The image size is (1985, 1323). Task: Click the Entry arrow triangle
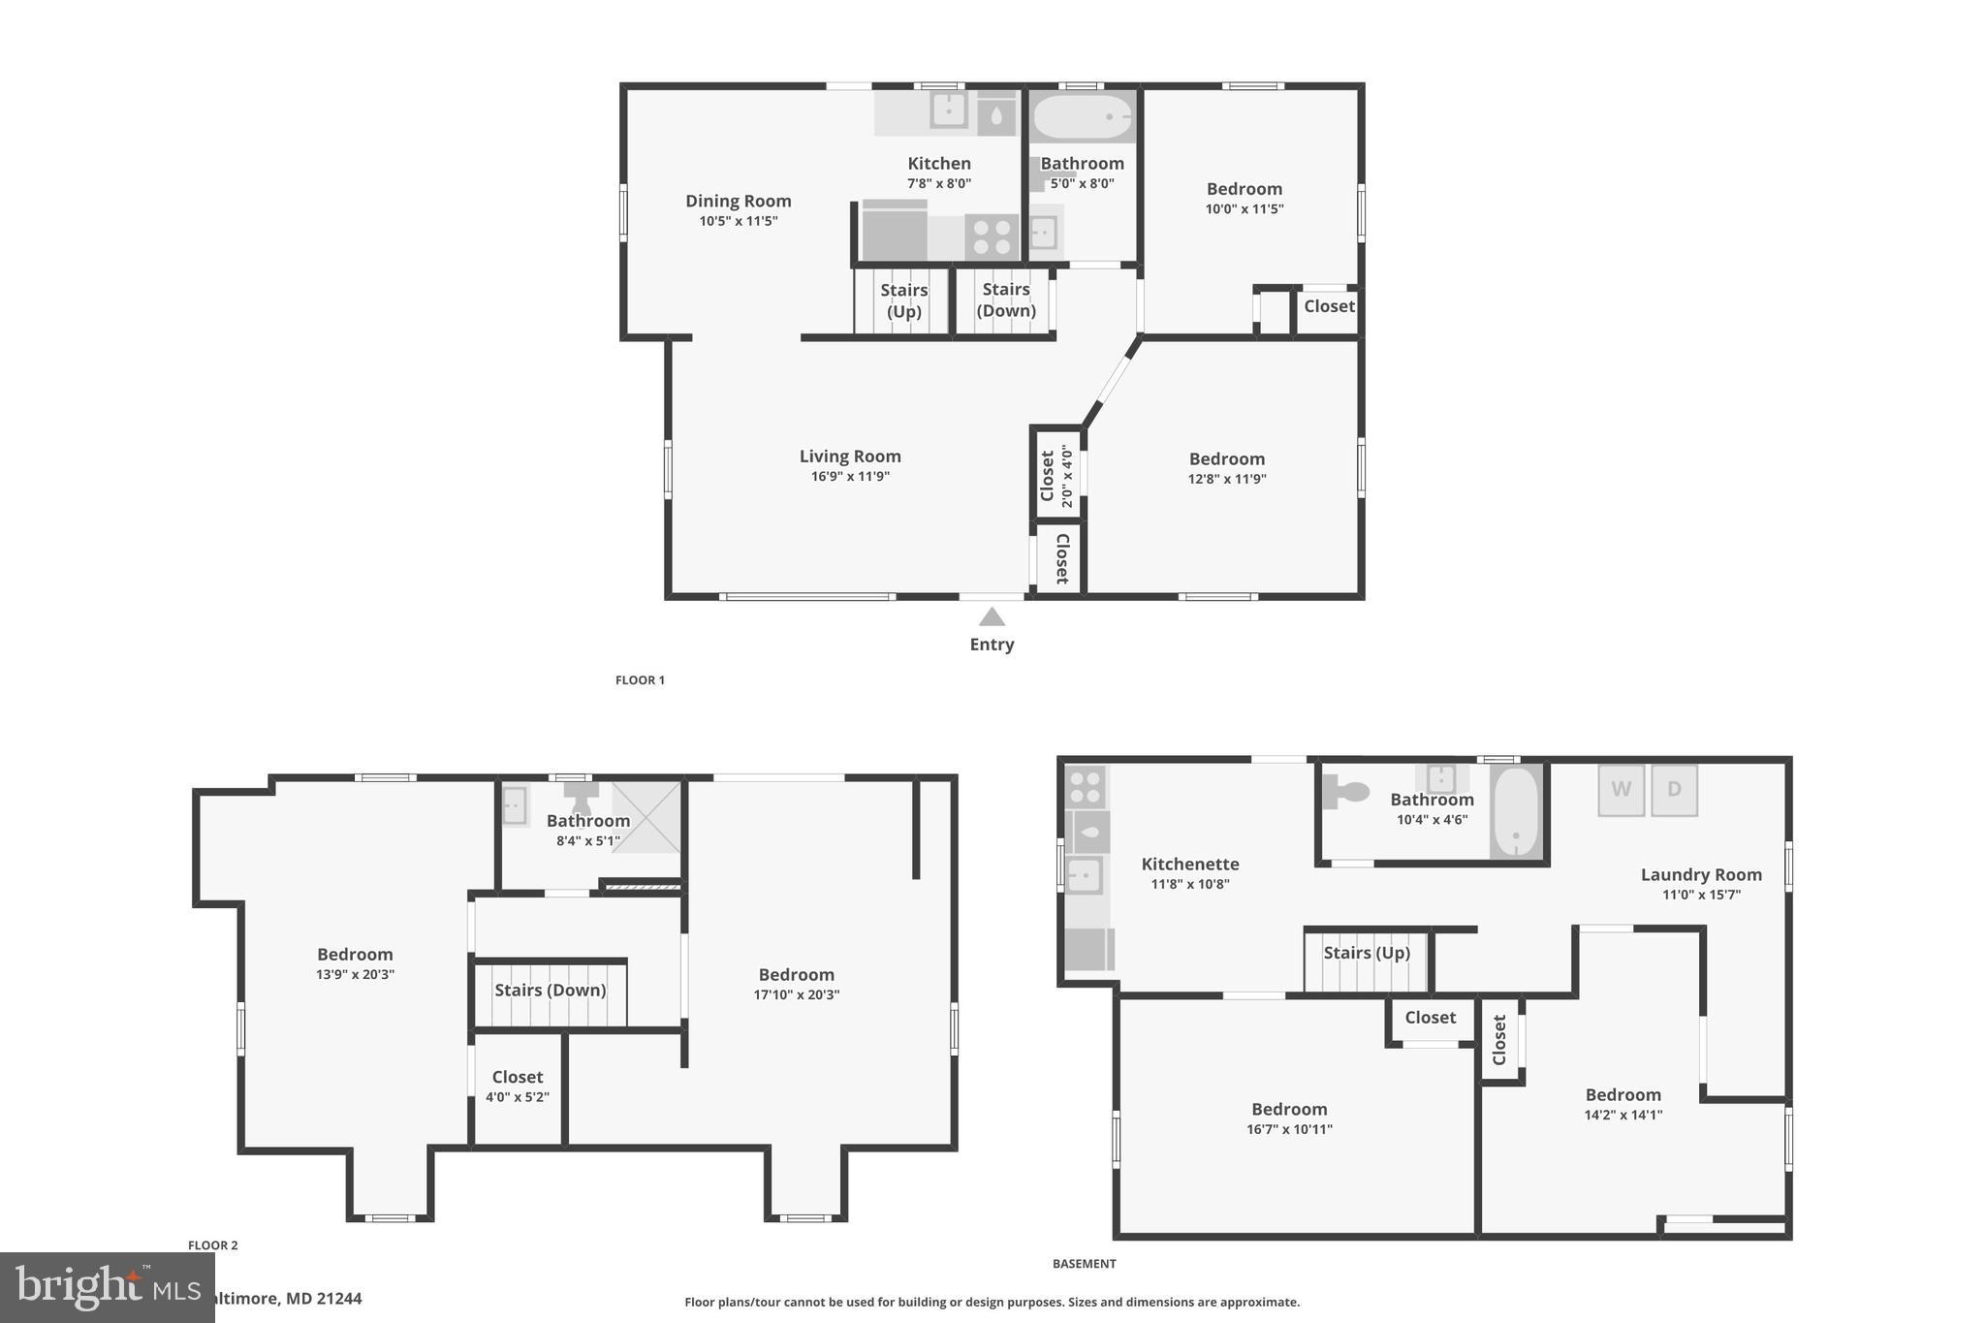tap(991, 617)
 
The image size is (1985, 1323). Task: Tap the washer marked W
tap(1621, 790)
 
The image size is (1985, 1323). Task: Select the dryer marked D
tap(1674, 790)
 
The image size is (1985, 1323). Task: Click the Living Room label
tap(850, 457)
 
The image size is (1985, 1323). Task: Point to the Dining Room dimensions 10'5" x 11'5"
tap(739, 221)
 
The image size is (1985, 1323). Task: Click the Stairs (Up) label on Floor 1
tap(903, 300)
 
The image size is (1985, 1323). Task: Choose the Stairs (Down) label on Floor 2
tap(550, 991)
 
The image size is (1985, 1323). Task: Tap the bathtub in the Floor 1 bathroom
tap(1082, 117)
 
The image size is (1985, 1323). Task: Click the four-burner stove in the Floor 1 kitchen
tap(991, 237)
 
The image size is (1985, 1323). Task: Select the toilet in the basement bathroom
tap(1346, 792)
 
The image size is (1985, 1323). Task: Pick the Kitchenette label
tap(1189, 864)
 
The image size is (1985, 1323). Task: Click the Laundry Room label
tap(1700, 874)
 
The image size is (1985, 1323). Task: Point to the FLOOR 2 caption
tap(212, 1245)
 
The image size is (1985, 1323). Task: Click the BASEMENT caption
tap(1084, 1264)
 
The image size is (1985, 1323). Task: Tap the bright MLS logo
tap(107, 1287)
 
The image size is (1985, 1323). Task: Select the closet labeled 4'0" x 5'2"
tap(517, 1087)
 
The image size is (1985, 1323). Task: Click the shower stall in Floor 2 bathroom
tap(646, 817)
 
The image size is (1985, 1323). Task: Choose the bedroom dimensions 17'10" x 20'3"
tap(796, 995)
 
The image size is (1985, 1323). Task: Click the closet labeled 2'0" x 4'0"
tap(1056, 475)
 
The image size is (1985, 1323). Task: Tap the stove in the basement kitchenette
tap(1085, 788)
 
